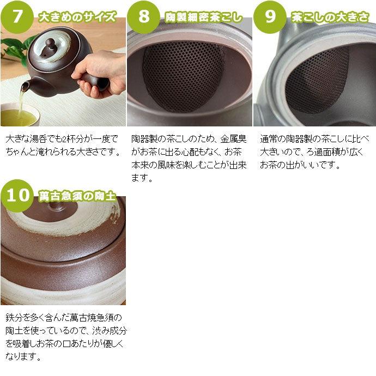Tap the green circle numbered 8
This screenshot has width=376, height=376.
click(x=144, y=16)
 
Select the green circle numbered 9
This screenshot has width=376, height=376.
click(x=270, y=16)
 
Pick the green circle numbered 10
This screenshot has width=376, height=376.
click(x=17, y=195)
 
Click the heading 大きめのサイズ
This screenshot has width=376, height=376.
click(x=77, y=17)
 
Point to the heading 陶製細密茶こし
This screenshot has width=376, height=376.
click(x=204, y=17)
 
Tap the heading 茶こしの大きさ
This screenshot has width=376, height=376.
click(x=330, y=17)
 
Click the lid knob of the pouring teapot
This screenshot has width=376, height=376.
click(x=50, y=43)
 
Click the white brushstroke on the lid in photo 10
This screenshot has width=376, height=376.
click(x=82, y=218)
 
